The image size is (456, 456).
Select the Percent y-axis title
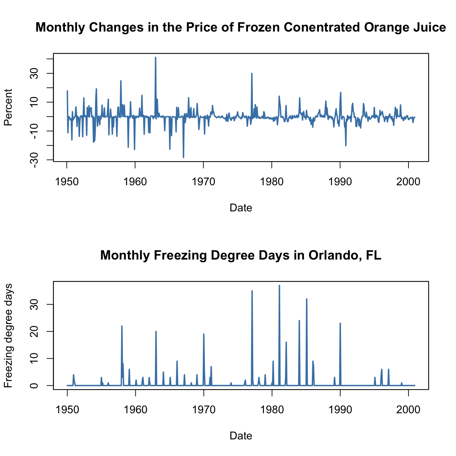pyautogui.click(x=8, y=107)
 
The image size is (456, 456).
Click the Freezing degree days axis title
pyautogui.click(x=8, y=335)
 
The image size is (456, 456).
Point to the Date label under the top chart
pyautogui.click(x=241, y=208)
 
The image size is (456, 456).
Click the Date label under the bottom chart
pyautogui.click(x=241, y=436)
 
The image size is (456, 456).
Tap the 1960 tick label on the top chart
pyautogui.click(x=135, y=182)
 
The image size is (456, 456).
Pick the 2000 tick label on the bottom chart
pyautogui.click(x=408, y=410)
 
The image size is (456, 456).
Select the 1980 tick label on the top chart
pyautogui.click(x=272, y=182)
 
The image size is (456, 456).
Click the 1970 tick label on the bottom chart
pyautogui.click(x=204, y=410)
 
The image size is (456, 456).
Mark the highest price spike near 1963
pyautogui.click(x=155, y=57)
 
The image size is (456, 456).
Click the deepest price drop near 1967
pyautogui.click(x=184, y=157)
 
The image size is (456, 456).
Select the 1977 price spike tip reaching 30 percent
pyautogui.click(x=252, y=73)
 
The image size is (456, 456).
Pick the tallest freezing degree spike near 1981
pyautogui.click(x=279, y=285)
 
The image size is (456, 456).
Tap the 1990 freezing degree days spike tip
pyautogui.click(x=340, y=323)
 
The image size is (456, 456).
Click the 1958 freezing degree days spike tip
pyautogui.click(x=121, y=326)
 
